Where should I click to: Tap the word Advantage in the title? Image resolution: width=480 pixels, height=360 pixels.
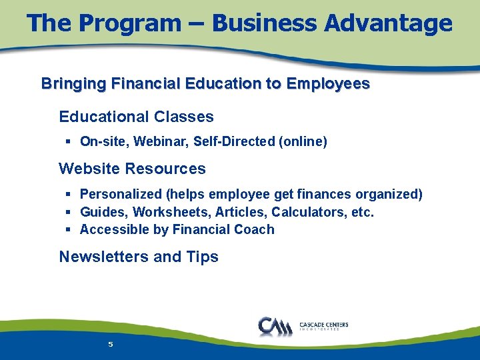tap(388, 23)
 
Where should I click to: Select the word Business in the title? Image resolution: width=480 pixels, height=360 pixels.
tap(264, 23)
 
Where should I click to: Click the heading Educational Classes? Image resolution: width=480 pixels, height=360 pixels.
tap(136, 117)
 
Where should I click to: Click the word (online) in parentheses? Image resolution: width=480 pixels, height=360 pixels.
tap(303, 141)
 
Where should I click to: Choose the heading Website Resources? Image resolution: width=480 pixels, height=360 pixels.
tap(132, 169)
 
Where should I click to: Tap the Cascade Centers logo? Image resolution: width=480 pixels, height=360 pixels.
tap(303, 326)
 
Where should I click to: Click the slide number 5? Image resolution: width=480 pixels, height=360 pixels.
tap(111, 345)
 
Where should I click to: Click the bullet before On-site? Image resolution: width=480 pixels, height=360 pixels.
tap(69, 141)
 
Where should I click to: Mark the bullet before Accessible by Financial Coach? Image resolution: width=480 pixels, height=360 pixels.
tap(69, 229)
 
